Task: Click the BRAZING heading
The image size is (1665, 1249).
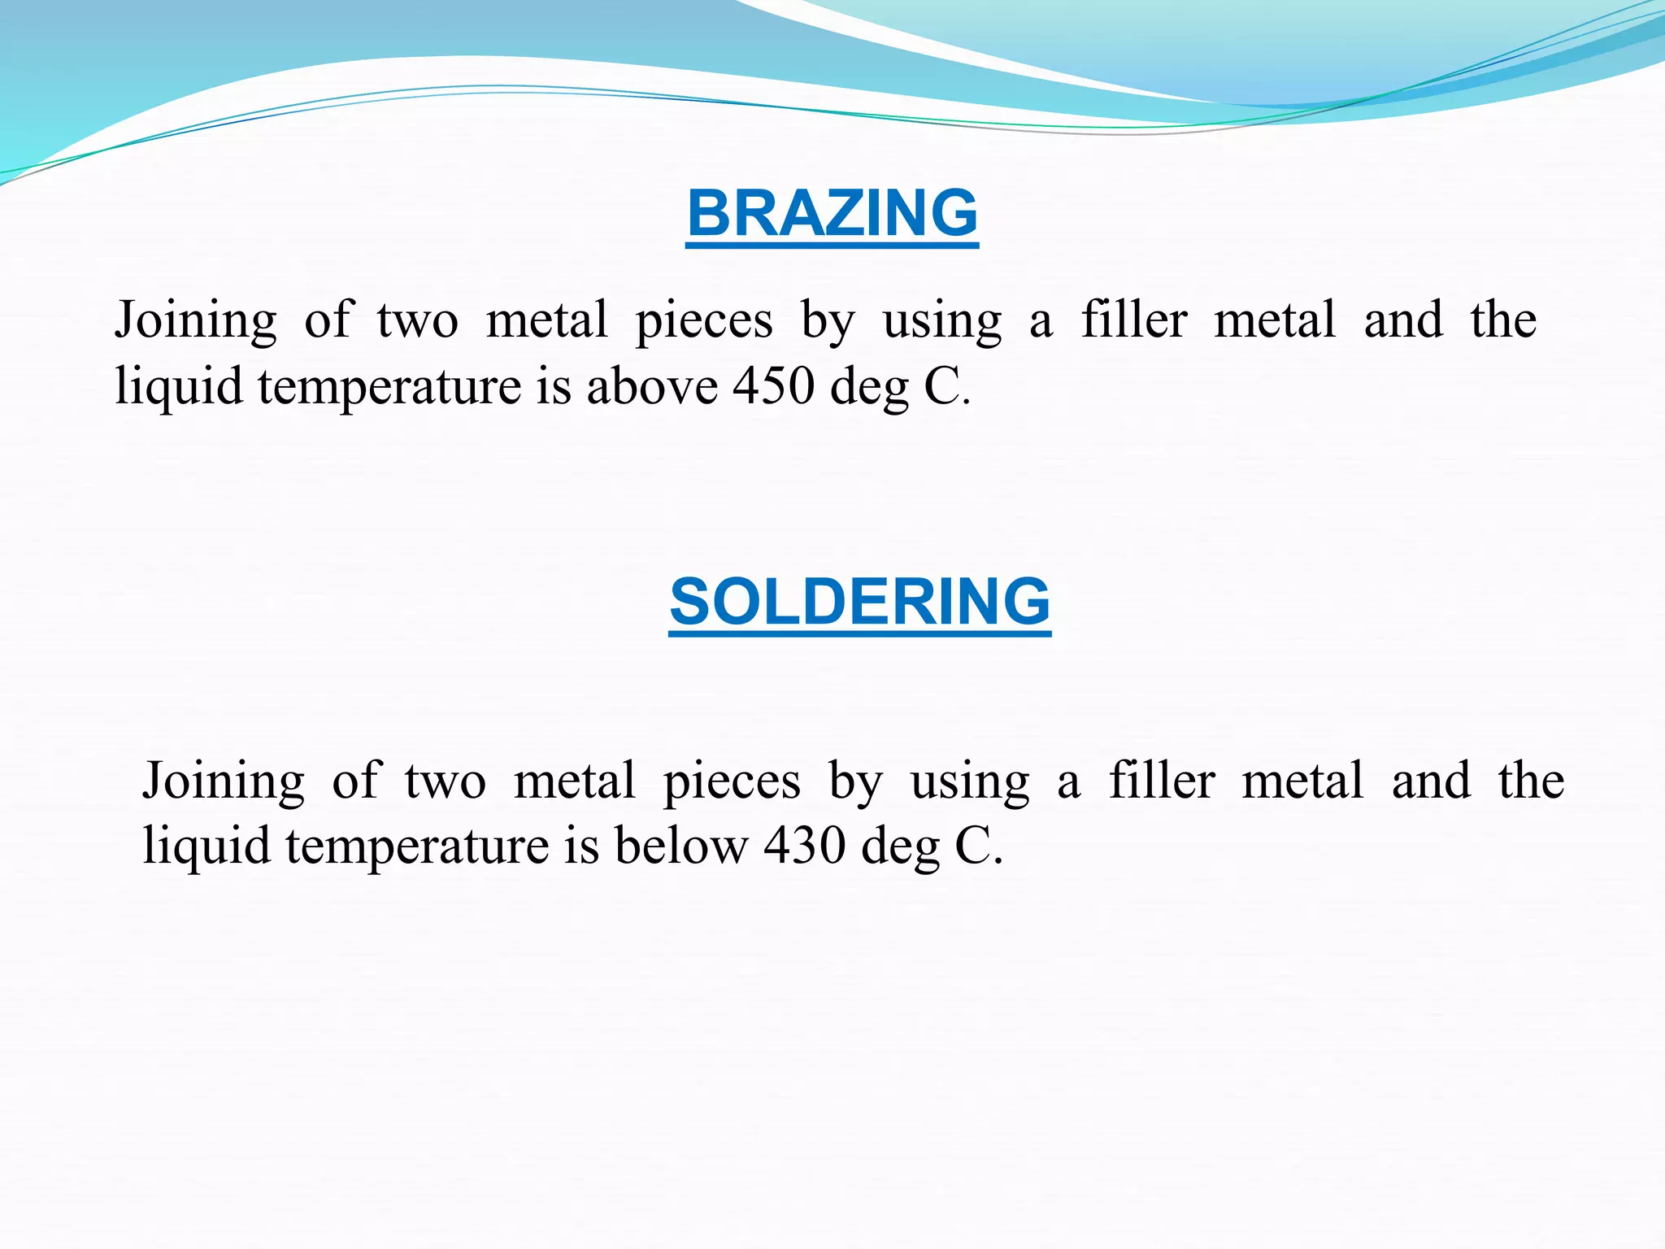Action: coord(832,213)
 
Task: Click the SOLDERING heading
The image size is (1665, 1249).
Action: coord(859,602)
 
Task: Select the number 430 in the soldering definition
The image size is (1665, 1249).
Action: coord(804,846)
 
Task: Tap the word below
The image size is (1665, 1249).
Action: coord(680,846)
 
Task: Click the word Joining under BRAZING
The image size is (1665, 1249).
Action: coord(195,320)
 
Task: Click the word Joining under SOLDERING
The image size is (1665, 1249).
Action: coord(224,781)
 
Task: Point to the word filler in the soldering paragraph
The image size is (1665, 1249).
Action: coord(1162,780)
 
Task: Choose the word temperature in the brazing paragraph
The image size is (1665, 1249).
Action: coord(389,387)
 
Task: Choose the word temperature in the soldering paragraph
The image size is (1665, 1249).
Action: coord(417,847)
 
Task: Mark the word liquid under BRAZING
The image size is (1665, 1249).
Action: coord(179,387)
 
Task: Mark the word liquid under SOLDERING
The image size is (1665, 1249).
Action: coord(206,847)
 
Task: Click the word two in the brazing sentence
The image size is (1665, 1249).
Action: coord(417,320)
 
